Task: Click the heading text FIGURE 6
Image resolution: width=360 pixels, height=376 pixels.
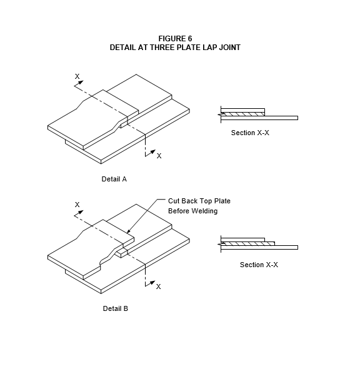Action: [x=175, y=39]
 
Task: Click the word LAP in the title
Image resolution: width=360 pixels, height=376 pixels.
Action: [x=209, y=48]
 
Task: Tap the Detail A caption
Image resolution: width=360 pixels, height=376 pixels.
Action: [x=114, y=179]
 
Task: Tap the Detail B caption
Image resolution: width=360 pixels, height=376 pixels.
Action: [x=116, y=308]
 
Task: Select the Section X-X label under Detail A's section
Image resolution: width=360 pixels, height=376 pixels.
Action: [x=250, y=133]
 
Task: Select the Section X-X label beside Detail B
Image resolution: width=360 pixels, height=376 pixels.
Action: [x=259, y=265]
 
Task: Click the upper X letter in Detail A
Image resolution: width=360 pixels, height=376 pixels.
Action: [x=77, y=76]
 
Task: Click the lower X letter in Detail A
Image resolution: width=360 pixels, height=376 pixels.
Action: [x=159, y=156]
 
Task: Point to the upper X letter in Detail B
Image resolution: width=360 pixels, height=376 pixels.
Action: [x=77, y=205]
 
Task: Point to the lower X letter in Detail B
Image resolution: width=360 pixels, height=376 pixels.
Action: [x=158, y=287]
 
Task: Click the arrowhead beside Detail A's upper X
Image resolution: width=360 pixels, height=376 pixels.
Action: [x=81, y=83]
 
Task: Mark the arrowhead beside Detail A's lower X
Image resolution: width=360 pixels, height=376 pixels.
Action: [x=152, y=152]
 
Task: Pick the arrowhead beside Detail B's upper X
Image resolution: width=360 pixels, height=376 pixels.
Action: [x=81, y=212]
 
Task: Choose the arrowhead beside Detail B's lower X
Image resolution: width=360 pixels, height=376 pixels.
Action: [x=152, y=282]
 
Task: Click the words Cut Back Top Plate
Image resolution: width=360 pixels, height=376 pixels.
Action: [x=199, y=201]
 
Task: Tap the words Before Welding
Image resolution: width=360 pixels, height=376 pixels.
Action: [x=193, y=211]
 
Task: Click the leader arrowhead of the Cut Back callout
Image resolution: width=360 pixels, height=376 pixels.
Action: [x=128, y=231]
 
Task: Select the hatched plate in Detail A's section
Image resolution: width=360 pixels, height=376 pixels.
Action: [x=242, y=114]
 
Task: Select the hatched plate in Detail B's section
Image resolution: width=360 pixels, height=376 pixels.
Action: [x=247, y=243]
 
